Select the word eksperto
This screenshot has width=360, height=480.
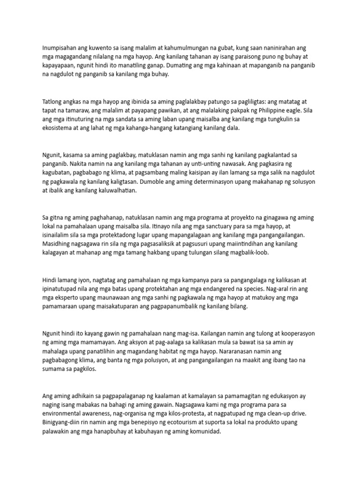point(71,297)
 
